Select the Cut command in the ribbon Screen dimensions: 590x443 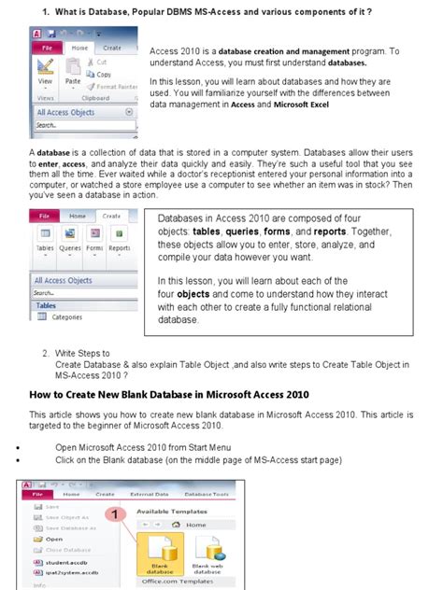point(98,63)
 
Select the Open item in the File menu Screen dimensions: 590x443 point(53,539)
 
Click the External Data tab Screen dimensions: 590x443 point(150,494)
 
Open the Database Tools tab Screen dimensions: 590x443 point(208,494)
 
